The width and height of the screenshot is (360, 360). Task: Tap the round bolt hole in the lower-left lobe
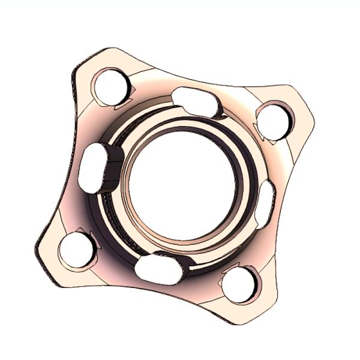coord(77,250)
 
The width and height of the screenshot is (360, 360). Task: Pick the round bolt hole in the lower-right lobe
coord(239,284)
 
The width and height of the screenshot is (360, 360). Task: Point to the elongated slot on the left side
coord(93,169)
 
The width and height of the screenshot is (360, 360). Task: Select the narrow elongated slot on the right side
coord(265,203)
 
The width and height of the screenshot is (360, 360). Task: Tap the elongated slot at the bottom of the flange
coord(158,269)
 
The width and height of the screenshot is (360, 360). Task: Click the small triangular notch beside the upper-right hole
coord(259,127)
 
